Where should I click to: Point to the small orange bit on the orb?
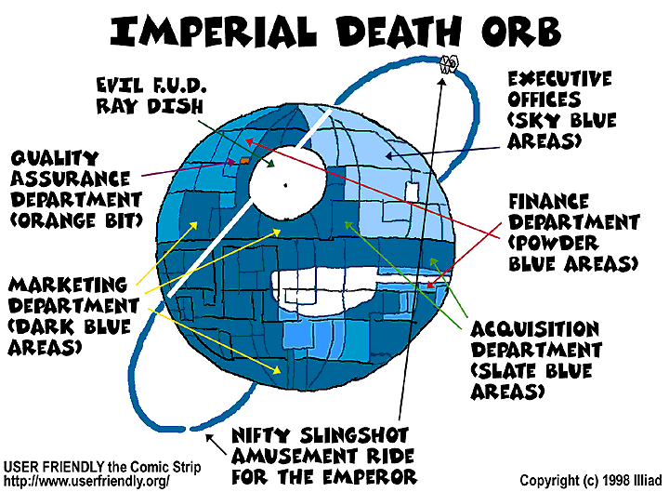[x=243, y=160]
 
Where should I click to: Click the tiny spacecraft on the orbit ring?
[x=447, y=64]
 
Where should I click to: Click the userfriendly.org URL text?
[x=88, y=479]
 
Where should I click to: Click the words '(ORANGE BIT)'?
[x=72, y=220]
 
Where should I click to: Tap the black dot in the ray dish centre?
[x=287, y=185]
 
